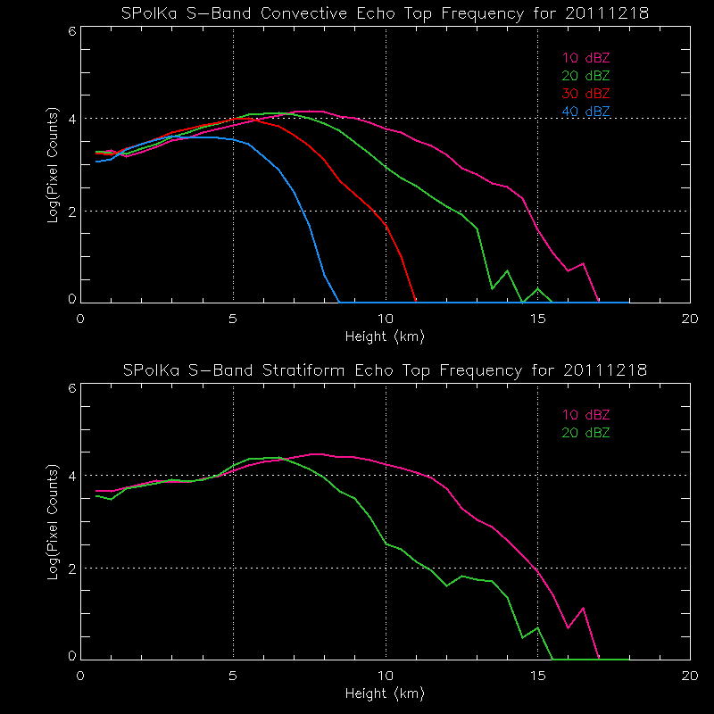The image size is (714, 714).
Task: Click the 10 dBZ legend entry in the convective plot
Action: coord(585,58)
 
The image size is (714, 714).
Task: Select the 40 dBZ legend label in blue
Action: coord(585,112)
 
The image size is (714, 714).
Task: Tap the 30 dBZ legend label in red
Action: coord(585,94)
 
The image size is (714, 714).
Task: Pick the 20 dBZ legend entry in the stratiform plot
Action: coord(585,433)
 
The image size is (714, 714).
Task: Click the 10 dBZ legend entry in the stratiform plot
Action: coord(585,415)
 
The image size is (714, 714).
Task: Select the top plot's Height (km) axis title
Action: coord(385,336)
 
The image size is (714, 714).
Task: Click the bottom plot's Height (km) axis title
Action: coord(385,693)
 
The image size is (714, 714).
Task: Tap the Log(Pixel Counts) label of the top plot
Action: coord(53,164)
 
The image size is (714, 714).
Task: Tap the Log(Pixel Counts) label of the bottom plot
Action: coord(53,520)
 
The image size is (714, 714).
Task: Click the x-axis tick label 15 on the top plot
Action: coord(537,319)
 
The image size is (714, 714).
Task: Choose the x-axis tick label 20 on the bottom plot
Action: coord(689,675)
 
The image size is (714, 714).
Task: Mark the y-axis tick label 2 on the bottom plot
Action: coord(71,569)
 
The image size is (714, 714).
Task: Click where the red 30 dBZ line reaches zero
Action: coord(415,301)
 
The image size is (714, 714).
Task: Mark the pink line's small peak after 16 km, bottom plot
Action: coord(583,608)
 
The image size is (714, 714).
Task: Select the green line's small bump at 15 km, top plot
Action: coord(537,288)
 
